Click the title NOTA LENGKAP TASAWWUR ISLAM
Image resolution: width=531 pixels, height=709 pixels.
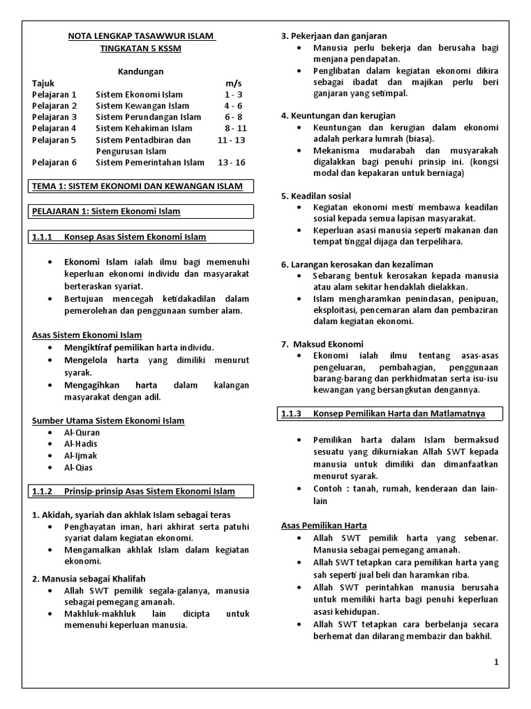[142, 36]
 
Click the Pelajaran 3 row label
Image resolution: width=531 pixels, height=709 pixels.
[55, 117]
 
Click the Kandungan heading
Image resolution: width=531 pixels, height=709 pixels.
[140, 71]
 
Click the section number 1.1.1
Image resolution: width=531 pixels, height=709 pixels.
[43, 237]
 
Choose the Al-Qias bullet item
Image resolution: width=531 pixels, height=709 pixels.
[78, 468]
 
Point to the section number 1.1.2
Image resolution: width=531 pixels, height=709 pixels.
[43, 492]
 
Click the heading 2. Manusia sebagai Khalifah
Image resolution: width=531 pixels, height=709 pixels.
[88, 579]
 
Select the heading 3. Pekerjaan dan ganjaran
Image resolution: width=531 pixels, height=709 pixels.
[334, 36]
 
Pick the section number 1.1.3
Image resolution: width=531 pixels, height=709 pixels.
[292, 413]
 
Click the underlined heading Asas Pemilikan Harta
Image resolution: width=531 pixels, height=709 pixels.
[324, 526]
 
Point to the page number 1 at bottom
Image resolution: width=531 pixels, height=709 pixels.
[496, 662]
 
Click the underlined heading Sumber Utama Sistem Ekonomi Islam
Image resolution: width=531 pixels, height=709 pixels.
[109, 421]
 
